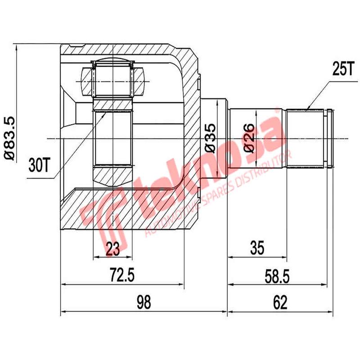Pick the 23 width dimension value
(x=112, y=248)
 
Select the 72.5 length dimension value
(x=122, y=274)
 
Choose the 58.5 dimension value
(x=278, y=274)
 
